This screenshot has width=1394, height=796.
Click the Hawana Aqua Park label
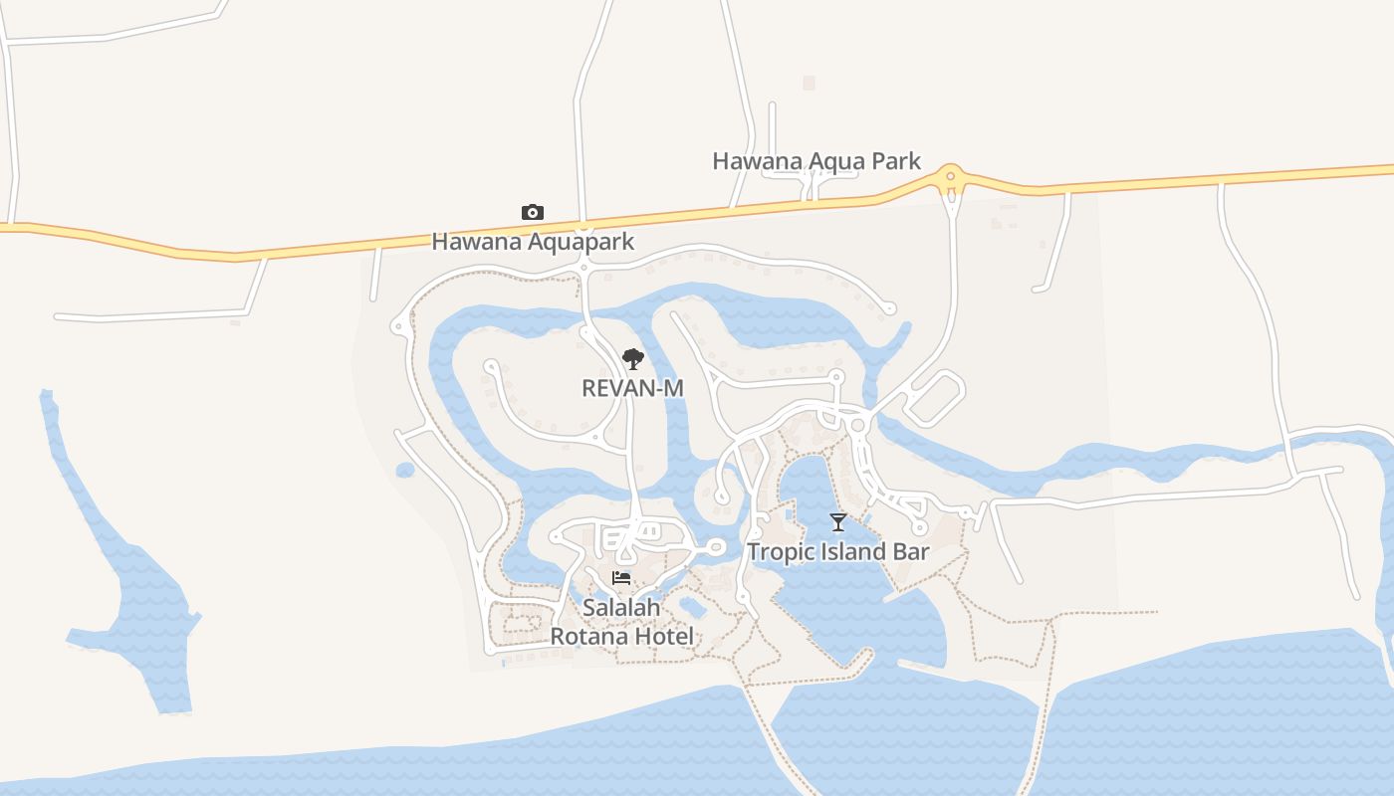[816, 161]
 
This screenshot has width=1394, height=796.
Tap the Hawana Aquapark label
[533, 242]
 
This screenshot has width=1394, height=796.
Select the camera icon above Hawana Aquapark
[533, 212]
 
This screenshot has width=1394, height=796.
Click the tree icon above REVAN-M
[632, 359]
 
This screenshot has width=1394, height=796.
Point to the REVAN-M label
[632, 388]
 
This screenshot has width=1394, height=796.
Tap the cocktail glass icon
[838, 522]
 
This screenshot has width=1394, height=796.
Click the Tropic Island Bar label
[838, 552]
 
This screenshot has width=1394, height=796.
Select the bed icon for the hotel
[621, 578]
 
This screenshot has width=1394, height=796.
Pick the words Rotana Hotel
[622, 637]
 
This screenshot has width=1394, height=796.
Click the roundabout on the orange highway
[951, 177]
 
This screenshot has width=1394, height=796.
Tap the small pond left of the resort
[404, 470]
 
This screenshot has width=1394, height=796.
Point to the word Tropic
[778, 552]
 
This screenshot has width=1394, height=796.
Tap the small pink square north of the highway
[809, 84]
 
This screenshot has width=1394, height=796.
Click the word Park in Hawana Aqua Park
[893, 161]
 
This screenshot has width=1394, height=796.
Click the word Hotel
[661, 637]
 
